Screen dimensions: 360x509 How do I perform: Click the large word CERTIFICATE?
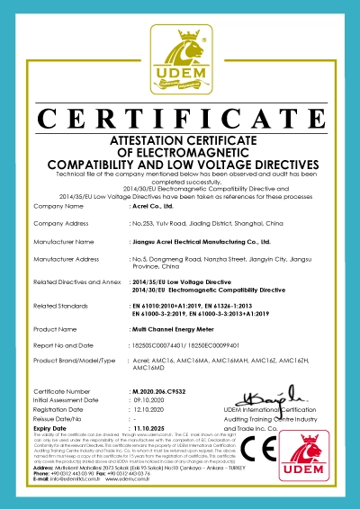pos(180,119)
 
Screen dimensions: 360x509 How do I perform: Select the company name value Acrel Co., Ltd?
pos(150,207)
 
